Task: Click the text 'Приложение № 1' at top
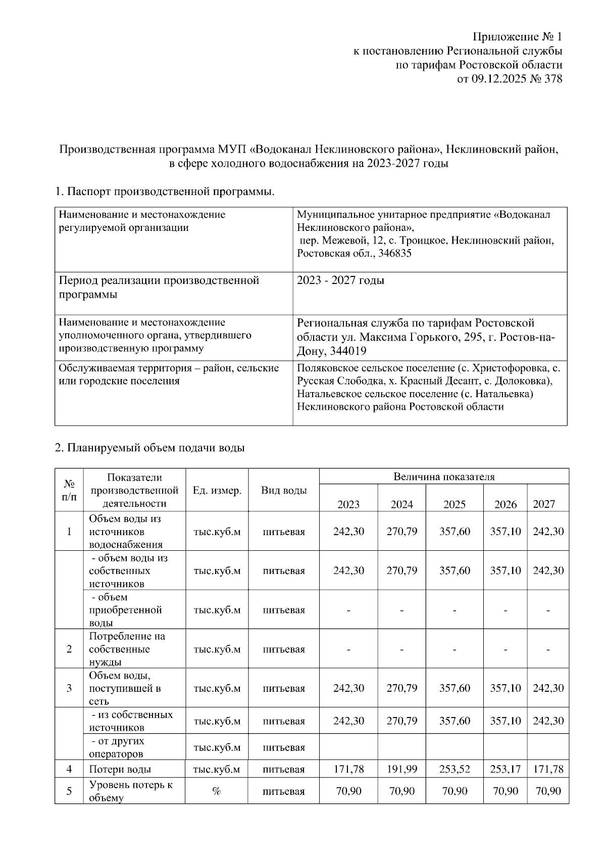(517, 37)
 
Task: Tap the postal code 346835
(394, 254)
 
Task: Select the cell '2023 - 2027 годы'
(340, 280)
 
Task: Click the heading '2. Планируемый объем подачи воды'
(149, 448)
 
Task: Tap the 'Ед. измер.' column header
(217, 490)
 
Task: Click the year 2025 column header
(454, 504)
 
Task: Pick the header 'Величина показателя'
(444, 476)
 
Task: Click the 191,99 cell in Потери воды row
(402, 770)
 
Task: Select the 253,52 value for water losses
(454, 770)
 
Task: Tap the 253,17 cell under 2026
(505, 770)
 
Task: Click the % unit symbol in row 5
(216, 791)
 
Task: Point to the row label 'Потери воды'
(120, 770)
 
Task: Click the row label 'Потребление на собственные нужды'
(127, 649)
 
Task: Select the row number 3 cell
(69, 688)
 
